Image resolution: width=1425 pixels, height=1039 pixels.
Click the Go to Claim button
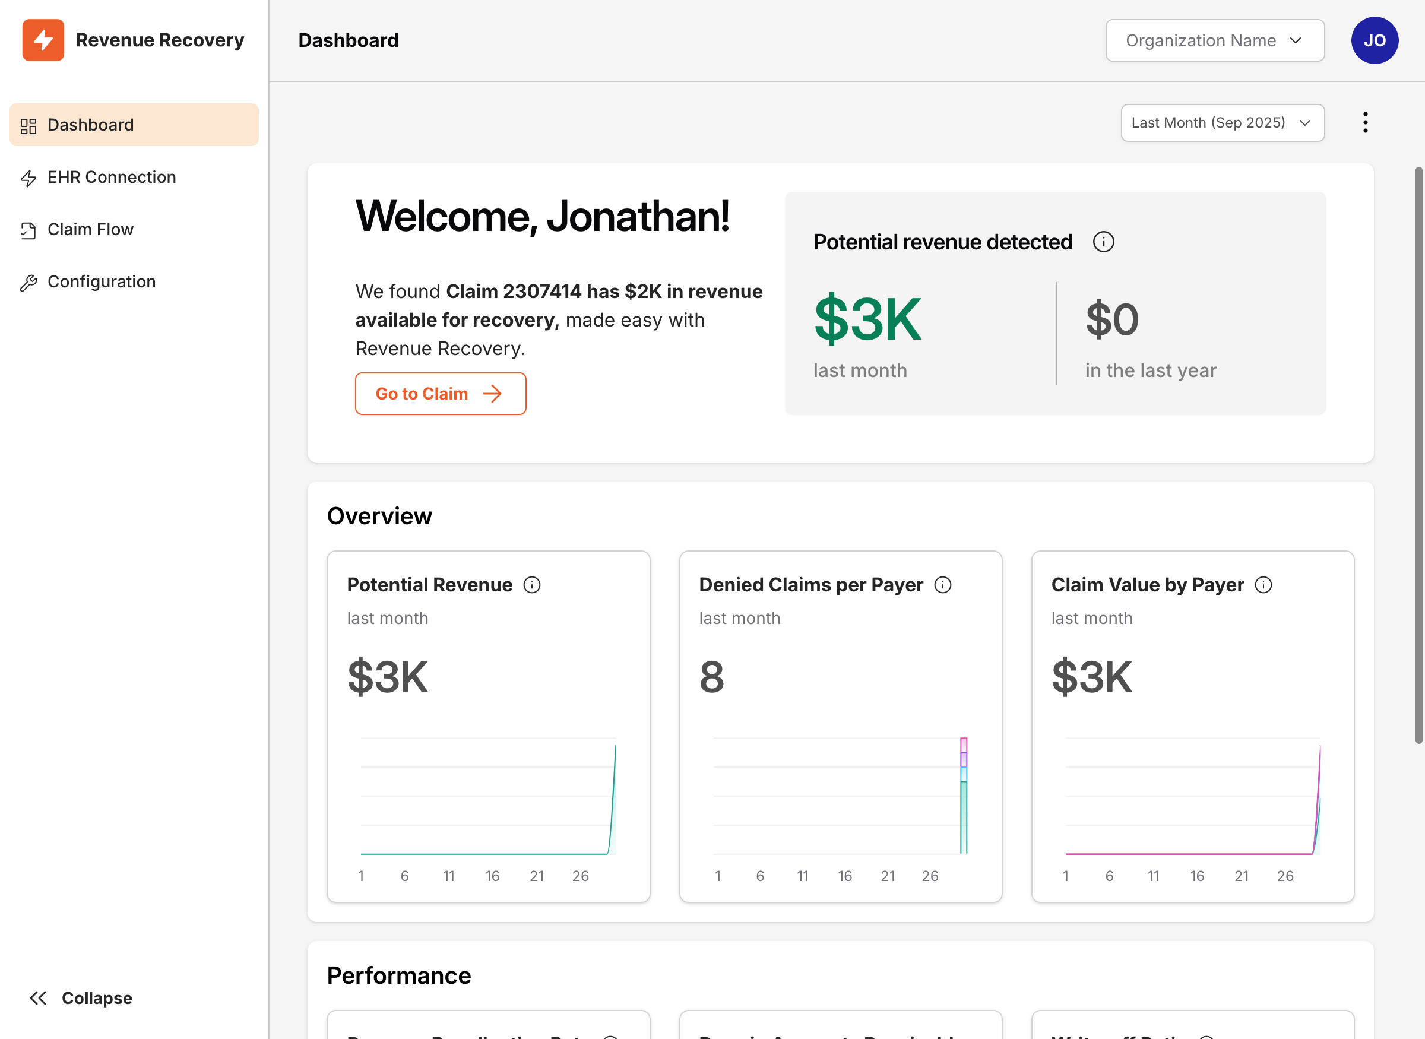tap(440, 394)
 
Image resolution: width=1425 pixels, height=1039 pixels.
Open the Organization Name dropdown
tap(1214, 40)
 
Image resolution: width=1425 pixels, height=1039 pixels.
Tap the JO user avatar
tap(1374, 40)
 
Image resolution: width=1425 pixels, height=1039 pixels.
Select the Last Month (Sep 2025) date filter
tap(1222, 123)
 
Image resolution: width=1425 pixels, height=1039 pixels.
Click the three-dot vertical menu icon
tap(1364, 123)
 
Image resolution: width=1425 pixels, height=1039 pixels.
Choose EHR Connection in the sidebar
tap(111, 178)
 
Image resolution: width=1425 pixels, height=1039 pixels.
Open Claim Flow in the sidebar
tap(90, 230)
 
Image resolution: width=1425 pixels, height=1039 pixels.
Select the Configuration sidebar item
tap(102, 282)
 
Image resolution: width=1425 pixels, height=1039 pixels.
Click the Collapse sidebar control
tap(81, 998)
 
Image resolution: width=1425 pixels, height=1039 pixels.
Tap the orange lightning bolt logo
tap(43, 40)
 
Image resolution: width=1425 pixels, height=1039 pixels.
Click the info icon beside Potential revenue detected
tap(1103, 242)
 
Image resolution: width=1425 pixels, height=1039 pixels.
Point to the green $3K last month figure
tap(867, 319)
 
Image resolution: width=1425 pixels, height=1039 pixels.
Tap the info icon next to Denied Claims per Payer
tap(942, 585)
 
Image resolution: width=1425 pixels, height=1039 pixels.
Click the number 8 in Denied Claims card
tap(711, 677)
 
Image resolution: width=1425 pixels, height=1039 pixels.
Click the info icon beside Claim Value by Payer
tap(1263, 585)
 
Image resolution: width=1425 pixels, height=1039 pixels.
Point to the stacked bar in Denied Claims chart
tap(963, 796)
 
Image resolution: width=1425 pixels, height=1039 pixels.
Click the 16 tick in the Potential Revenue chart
tap(492, 876)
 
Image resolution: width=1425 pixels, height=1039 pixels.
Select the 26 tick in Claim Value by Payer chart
tap(1285, 876)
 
